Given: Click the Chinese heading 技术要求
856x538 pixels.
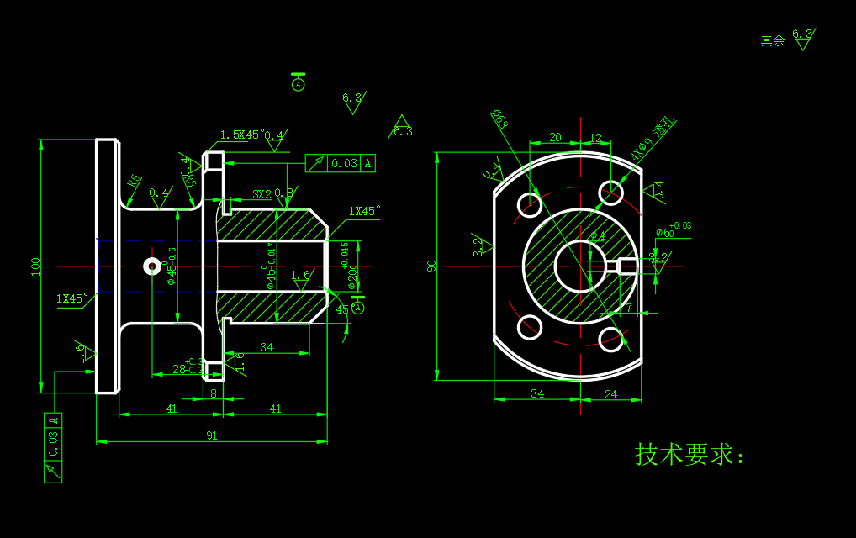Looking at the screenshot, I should click(x=689, y=455).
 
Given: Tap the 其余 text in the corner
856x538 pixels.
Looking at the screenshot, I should click(x=772, y=40).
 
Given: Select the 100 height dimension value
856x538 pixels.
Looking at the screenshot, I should click(x=35, y=266).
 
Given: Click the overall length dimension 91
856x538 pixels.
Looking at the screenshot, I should click(x=211, y=435).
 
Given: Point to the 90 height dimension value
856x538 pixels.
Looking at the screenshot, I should click(x=431, y=266).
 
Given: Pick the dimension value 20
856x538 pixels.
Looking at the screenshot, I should click(x=555, y=137).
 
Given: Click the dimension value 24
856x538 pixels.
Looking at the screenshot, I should click(x=611, y=393).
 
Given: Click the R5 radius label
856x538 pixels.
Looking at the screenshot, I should click(x=134, y=181).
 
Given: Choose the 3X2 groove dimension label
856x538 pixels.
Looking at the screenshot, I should click(x=262, y=193).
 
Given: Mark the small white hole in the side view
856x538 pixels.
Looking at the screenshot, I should click(x=152, y=266).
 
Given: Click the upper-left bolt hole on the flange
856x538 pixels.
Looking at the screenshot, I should click(x=529, y=203).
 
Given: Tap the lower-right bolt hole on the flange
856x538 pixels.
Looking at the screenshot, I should click(x=611, y=337).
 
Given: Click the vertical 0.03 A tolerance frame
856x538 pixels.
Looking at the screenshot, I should click(x=53, y=448).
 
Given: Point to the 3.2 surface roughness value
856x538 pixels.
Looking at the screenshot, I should click(x=478, y=245).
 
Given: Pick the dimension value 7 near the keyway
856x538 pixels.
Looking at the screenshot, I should click(x=629, y=308).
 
